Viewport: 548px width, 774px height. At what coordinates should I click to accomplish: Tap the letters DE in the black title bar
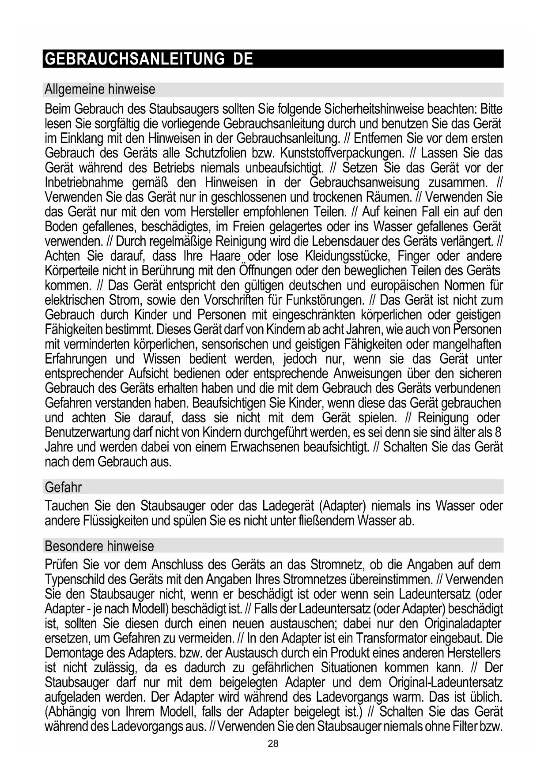pyautogui.click(x=243, y=59)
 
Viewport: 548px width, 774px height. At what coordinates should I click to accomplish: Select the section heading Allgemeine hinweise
pyautogui.click(x=100, y=90)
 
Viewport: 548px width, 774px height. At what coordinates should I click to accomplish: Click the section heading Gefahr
pyautogui.click(x=63, y=487)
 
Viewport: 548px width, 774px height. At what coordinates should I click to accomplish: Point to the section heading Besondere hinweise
pyautogui.click(x=99, y=546)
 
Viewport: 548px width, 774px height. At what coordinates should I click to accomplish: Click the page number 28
pyautogui.click(x=273, y=744)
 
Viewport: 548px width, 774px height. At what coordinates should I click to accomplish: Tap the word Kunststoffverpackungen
pyautogui.click(x=342, y=153)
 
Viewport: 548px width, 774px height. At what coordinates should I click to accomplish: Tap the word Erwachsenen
pyautogui.click(x=265, y=447)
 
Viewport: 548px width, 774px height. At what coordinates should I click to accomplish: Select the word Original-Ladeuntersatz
pyautogui.click(x=446, y=683)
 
